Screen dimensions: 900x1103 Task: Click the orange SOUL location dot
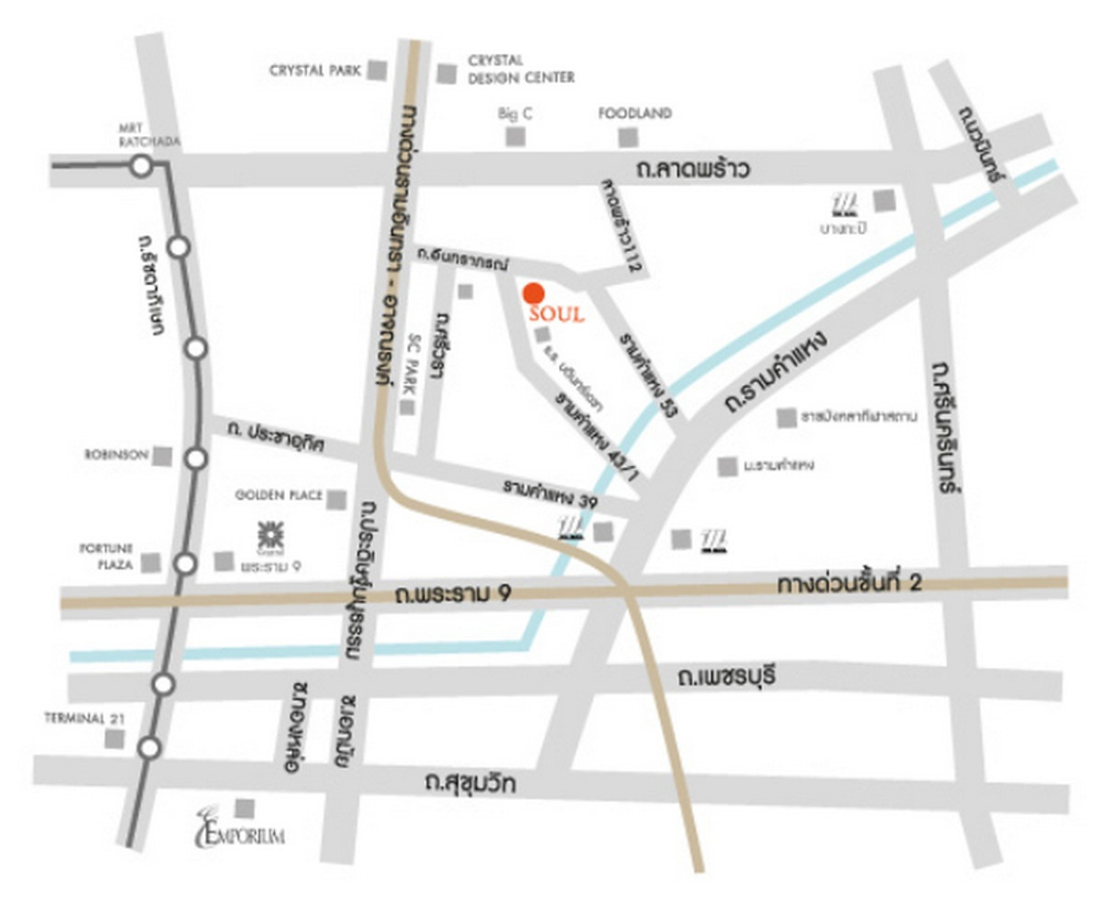click(531, 293)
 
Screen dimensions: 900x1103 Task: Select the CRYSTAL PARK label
click(314, 70)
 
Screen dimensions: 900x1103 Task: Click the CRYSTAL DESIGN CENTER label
click(520, 69)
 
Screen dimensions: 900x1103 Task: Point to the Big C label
click(515, 114)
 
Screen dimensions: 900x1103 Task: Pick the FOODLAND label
click(634, 114)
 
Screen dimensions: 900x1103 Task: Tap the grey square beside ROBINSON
click(163, 455)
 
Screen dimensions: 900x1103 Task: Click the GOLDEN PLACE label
click(279, 496)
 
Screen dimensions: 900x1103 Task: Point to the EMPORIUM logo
click(242, 831)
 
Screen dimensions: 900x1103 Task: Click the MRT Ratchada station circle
click(141, 165)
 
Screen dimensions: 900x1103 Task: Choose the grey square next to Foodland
click(628, 138)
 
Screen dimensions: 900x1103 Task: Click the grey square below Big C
click(515, 137)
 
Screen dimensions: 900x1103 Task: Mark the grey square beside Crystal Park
click(376, 69)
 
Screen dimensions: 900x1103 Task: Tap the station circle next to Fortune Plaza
click(186, 564)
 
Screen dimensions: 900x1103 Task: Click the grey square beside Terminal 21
click(114, 738)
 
